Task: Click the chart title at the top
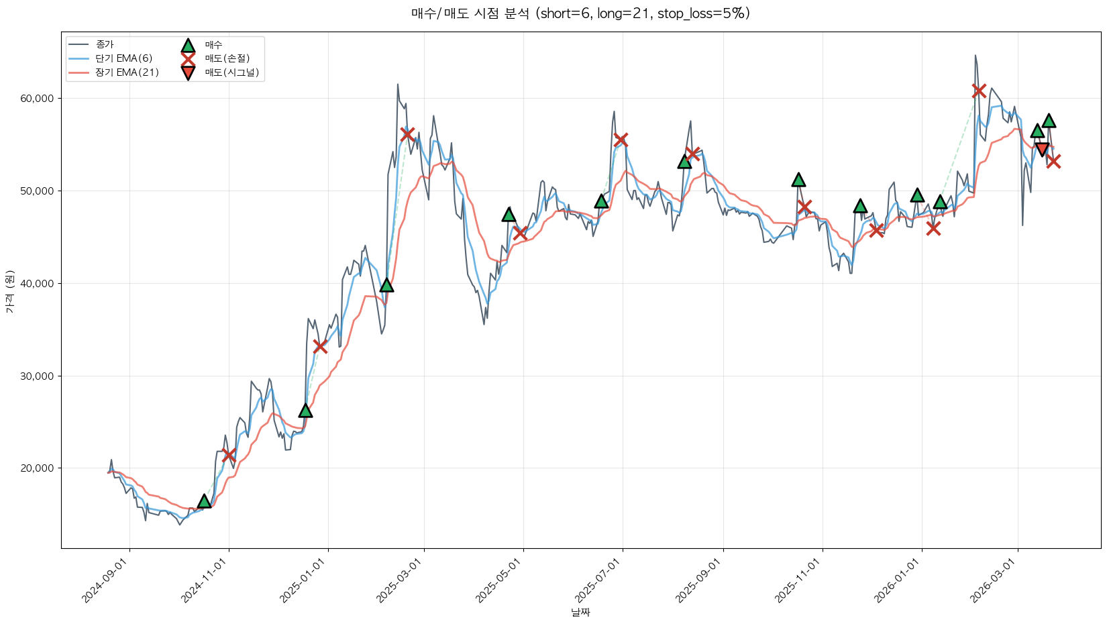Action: tap(580, 13)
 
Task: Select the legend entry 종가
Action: tap(105, 44)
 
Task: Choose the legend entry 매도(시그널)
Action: tap(231, 72)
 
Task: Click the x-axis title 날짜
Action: tap(580, 612)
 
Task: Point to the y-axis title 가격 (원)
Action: tap(9, 292)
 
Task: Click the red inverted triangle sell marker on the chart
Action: tap(1042, 149)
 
